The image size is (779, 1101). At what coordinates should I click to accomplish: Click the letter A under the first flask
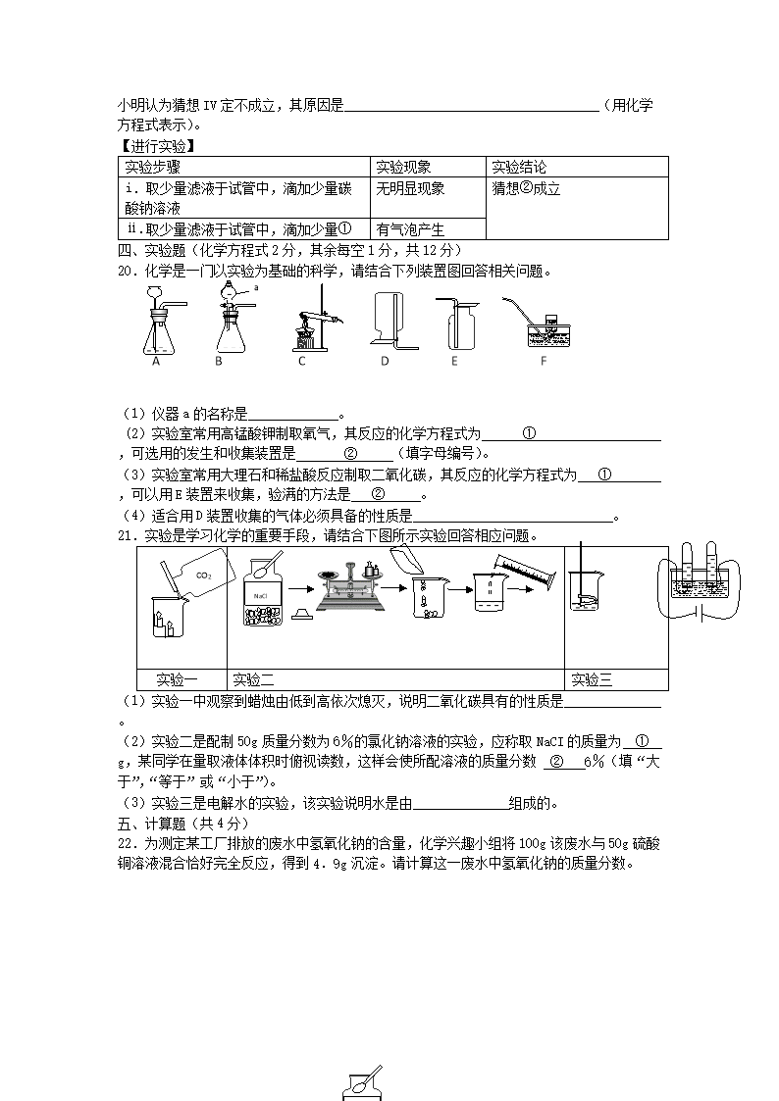(x=155, y=361)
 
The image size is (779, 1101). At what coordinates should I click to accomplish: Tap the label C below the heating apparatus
(x=302, y=361)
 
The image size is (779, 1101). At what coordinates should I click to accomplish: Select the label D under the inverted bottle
(x=385, y=361)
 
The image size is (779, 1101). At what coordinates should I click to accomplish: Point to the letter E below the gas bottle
(x=454, y=361)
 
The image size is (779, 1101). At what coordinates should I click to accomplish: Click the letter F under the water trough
(x=543, y=361)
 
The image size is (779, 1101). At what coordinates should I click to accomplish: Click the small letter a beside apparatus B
(x=255, y=288)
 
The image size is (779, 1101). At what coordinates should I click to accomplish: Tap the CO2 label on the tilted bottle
(x=203, y=576)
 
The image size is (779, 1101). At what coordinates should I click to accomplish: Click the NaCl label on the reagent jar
(x=260, y=595)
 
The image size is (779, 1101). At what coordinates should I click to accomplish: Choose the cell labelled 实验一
(x=182, y=679)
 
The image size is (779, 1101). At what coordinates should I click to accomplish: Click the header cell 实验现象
(x=404, y=168)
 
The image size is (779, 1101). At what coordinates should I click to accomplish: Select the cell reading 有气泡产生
(x=410, y=229)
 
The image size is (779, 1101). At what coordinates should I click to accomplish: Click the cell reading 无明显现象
(x=410, y=189)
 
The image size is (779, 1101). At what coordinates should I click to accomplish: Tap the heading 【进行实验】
(x=156, y=147)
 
